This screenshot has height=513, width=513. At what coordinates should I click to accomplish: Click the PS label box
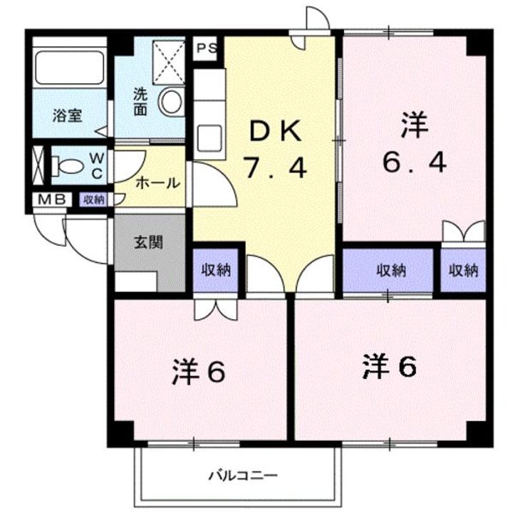pyautogui.click(x=207, y=48)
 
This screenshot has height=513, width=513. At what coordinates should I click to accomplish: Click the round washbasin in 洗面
pyautogui.click(x=171, y=103)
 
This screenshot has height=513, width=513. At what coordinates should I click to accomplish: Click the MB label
pyautogui.click(x=50, y=199)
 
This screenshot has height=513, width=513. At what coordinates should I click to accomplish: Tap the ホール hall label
pyautogui.click(x=157, y=182)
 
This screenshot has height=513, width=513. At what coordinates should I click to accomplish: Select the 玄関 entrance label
pyautogui.click(x=149, y=242)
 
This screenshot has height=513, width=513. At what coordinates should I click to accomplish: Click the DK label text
pyautogui.click(x=276, y=132)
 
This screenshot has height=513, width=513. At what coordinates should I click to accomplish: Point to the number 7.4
pyautogui.click(x=275, y=168)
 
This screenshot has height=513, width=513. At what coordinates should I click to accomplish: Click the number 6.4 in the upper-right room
pyautogui.click(x=414, y=164)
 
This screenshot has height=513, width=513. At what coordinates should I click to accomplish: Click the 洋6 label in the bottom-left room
pyautogui.click(x=199, y=371)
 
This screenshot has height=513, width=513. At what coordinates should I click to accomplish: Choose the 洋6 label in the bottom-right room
pyautogui.click(x=389, y=367)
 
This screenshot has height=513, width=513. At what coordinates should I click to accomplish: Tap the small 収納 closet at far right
pyautogui.click(x=463, y=270)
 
